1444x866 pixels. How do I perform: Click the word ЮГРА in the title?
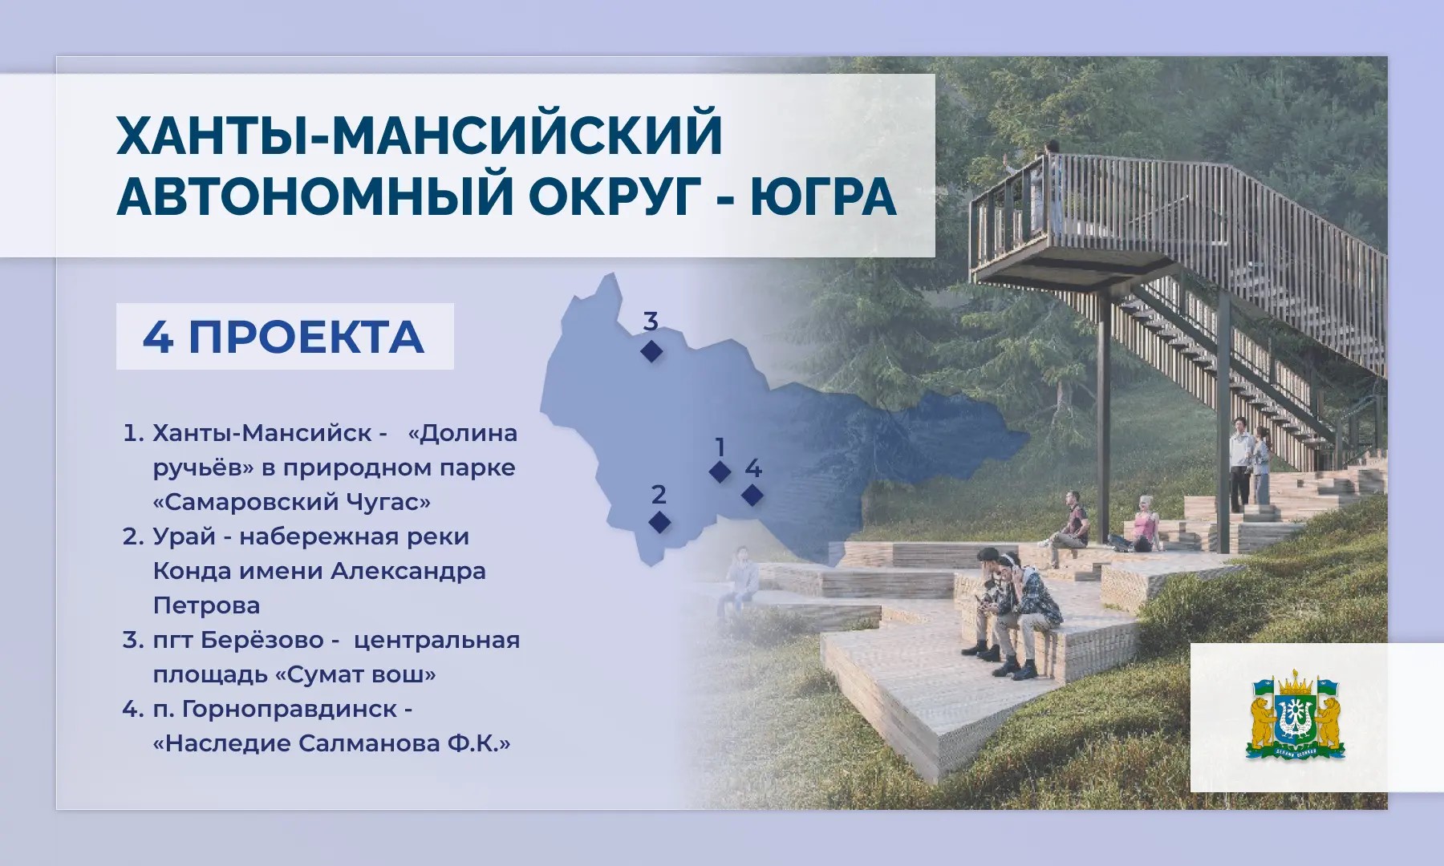(823, 196)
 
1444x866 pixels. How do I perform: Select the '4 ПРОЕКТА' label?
(284, 337)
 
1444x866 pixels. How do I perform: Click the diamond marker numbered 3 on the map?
(651, 350)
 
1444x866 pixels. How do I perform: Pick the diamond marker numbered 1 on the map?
(720, 471)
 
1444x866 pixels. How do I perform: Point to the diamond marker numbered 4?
(752, 495)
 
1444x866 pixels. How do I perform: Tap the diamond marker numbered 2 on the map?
(659, 522)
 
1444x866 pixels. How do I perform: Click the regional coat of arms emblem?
(1296, 718)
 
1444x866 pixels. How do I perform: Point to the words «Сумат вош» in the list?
(355, 674)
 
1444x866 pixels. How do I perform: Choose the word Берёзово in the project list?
(262, 640)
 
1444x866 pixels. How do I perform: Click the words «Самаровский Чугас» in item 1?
(292, 502)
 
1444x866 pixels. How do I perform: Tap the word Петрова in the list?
(206, 605)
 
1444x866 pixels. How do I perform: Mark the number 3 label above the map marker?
(651, 322)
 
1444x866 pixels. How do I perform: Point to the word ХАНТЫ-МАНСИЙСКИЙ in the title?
(420, 134)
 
